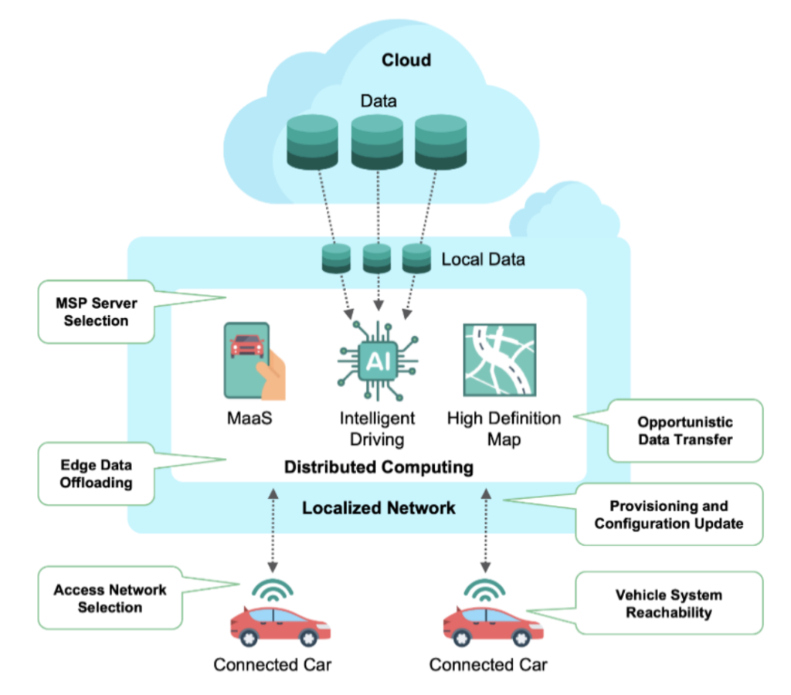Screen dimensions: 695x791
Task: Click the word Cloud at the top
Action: click(406, 60)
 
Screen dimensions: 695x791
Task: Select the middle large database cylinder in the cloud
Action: click(377, 142)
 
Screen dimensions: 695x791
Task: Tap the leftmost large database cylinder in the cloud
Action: click(313, 142)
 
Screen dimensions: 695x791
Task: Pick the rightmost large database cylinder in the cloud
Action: click(441, 142)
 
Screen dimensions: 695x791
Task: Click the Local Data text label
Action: click(483, 259)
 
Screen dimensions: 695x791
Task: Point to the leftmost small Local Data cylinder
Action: click(336, 258)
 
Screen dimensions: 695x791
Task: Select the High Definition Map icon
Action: click(499, 360)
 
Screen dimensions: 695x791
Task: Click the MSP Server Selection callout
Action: click(96, 311)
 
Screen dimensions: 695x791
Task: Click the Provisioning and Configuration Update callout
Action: click(669, 515)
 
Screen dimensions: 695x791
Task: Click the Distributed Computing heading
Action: click(379, 467)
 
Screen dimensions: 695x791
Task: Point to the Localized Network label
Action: click(379, 508)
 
